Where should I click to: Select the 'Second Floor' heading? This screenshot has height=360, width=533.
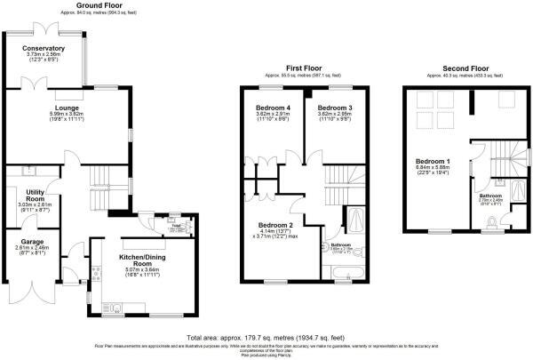pyautogui.click(x=466, y=67)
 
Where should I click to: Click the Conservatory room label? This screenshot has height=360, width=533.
pyautogui.click(x=44, y=48)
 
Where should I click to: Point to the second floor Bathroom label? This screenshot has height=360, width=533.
pyautogui.click(x=491, y=195)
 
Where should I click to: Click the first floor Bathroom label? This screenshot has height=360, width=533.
pyautogui.click(x=342, y=244)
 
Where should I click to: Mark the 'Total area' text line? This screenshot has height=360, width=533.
pyautogui.click(x=266, y=338)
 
